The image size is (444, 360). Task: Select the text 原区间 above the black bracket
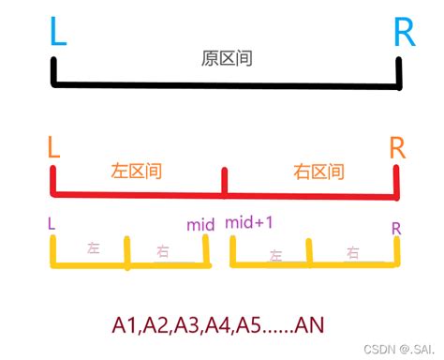(x=228, y=58)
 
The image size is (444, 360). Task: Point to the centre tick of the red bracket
(x=223, y=181)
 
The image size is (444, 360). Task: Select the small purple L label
(x=50, y=225)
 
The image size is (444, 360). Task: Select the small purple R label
(x=396, y=228)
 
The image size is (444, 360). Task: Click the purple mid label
(x=200, y=225)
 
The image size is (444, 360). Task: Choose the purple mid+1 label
(x=249, y=223)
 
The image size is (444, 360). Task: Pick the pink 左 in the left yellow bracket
(x=93, y=248)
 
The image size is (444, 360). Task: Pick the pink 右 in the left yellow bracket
(x=163, y=251)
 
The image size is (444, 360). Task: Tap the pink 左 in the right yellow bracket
(x=275, y=253)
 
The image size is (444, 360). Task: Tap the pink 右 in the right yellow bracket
(x=352, y=251)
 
